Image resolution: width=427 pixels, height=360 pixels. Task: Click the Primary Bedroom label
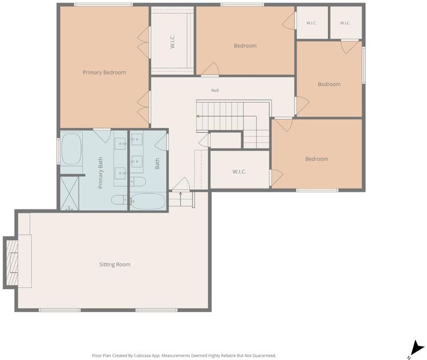[104, 73]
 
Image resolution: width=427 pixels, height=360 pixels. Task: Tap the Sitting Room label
[115, 265]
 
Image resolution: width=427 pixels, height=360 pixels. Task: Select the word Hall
[215, 90]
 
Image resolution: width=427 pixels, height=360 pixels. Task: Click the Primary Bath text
[101, 173]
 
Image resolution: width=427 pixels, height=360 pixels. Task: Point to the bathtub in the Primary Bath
[71, 149]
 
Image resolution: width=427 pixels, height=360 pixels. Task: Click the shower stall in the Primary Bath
[70, 193]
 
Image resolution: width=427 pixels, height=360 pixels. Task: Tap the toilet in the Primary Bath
[119, 200]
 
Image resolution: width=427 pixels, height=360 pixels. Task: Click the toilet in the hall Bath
[138, 181]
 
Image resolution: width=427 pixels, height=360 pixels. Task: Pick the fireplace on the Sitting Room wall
[12, 263]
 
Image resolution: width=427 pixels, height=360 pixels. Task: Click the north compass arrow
[417, 348]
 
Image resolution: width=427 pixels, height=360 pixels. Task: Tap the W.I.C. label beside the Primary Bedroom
[172, 41]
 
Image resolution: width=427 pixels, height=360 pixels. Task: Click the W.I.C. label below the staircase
[239, 172]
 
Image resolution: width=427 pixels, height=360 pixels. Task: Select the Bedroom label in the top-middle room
[245, 46]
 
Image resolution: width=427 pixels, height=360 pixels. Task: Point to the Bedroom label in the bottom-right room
[317, 159]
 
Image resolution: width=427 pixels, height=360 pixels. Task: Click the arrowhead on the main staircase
[198, 116]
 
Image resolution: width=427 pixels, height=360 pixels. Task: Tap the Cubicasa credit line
[184, 356]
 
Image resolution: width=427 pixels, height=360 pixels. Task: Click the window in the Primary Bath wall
[58, 151]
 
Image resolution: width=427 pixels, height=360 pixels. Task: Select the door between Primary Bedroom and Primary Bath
[102, 135]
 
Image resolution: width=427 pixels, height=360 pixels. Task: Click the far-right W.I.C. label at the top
[345, 23]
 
